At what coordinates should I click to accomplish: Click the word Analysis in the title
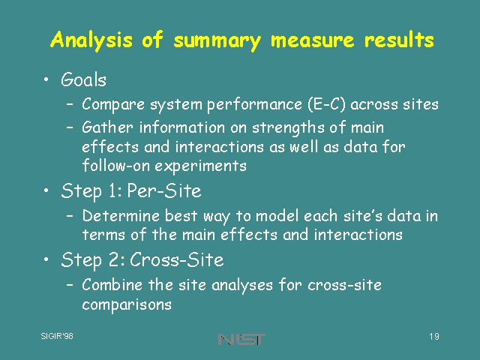91,40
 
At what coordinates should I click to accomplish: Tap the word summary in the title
217,42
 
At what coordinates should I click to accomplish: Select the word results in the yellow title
399,40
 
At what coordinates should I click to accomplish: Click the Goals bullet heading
83,80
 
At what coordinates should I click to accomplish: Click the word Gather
107,127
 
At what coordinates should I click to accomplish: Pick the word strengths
286,128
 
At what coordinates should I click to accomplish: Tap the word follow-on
116,166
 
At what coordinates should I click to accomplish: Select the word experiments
200,166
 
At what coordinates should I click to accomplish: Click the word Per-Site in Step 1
164,190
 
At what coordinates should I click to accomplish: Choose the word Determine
121,216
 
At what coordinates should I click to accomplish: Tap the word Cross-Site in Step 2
177,260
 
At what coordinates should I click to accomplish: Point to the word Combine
112,285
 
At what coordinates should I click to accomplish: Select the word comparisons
127,305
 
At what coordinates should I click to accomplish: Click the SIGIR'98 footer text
57,336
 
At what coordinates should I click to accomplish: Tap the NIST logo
241,339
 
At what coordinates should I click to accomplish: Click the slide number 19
434,337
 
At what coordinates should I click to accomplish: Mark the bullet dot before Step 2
46,259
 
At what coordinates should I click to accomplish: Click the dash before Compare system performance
70,104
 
